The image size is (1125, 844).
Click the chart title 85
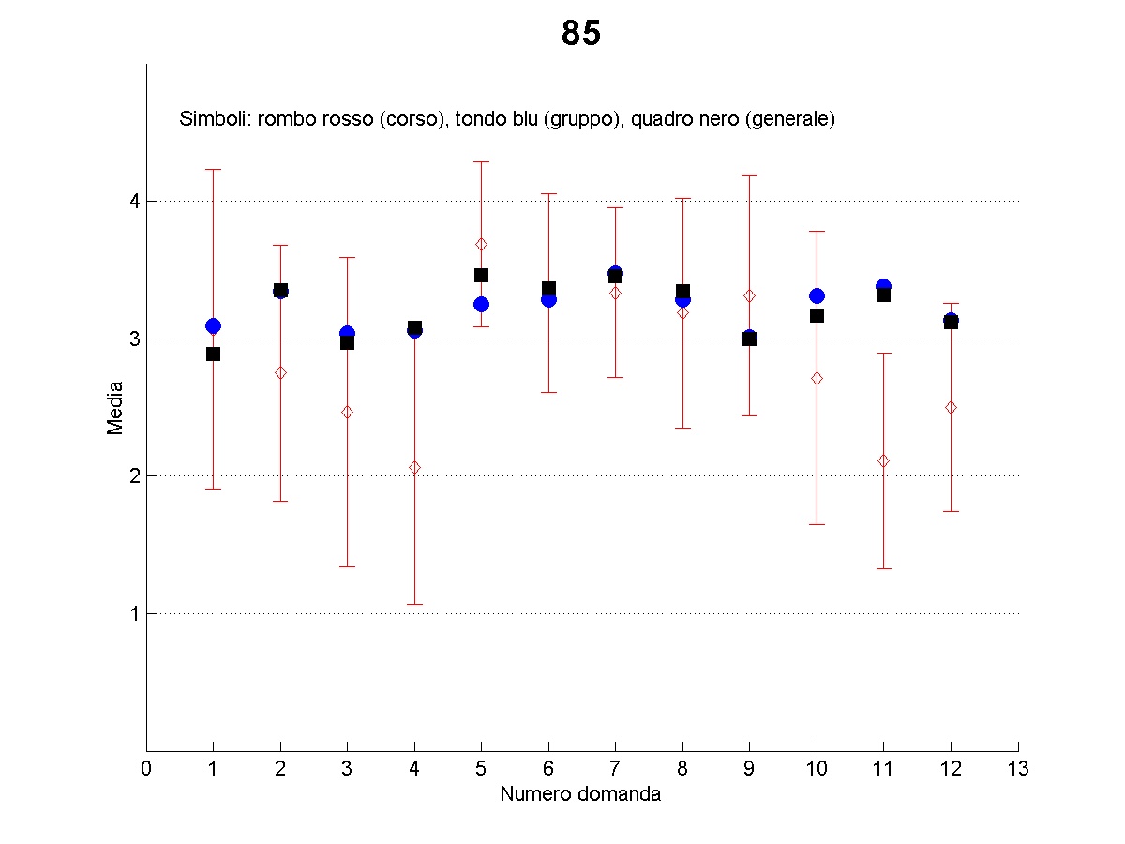(581, 34)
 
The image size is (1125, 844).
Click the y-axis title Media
(115, 407)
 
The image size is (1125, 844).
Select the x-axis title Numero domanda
(580, 794)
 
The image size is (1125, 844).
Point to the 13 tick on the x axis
(1018, 769)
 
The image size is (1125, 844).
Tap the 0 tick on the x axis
(146, 769)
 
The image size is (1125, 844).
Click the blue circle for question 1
(213, 326)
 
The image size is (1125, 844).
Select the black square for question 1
(213, 354)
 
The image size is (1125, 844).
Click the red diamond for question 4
(414, 467)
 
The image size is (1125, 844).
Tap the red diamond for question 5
(481, 244)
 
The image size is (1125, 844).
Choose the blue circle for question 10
(817, 296)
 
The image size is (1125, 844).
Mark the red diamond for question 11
(883, 460)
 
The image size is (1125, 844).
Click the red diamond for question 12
(951, 407)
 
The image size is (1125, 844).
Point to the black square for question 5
(481, 275)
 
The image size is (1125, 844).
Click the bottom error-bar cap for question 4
(414, 604)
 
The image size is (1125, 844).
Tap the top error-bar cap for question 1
(213, 169)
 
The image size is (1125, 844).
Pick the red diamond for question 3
(347, 412)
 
